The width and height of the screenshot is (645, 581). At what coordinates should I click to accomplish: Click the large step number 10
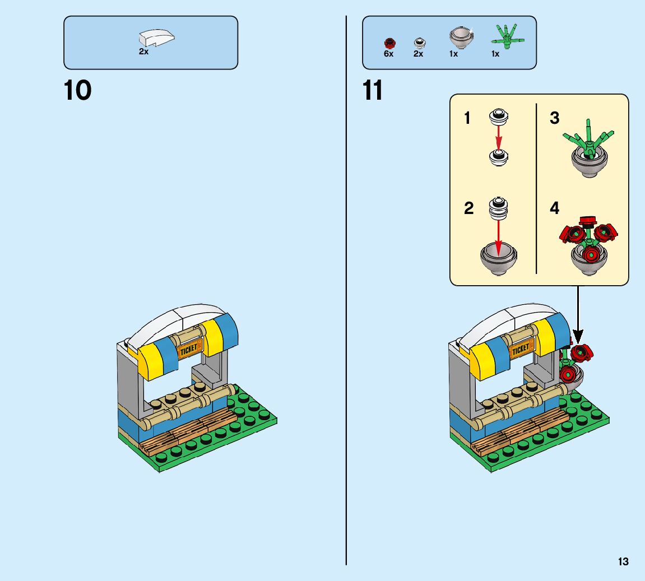[77, 90]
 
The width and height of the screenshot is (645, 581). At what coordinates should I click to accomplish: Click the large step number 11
[373, 90]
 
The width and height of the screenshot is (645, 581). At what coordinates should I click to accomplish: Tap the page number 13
[623, 561]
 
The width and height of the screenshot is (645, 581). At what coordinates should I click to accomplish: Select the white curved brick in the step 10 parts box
[156, 38]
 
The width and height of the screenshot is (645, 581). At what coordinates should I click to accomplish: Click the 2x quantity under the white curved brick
[144, 52]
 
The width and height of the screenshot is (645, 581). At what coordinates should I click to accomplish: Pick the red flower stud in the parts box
[388, 43]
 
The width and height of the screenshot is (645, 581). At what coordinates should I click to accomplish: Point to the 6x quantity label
[388, 54]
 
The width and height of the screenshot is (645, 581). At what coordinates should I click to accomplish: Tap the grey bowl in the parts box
[461, 38]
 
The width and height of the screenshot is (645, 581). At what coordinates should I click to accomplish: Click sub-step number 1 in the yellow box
[467, 118]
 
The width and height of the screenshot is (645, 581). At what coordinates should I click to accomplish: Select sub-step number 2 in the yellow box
[468, 208]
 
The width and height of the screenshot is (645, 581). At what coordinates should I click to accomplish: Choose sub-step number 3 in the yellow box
[554, 118]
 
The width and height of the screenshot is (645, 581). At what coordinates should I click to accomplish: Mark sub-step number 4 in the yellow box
[554, 208]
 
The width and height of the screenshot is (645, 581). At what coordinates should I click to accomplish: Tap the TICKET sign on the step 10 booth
[189, 349]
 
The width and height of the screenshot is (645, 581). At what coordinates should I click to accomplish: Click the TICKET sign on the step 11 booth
[521, 349]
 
